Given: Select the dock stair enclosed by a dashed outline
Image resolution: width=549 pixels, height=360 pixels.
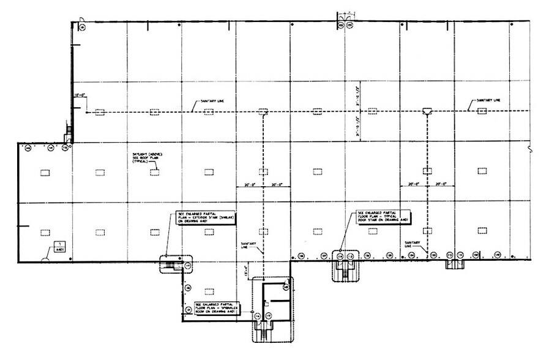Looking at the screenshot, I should [344, 268].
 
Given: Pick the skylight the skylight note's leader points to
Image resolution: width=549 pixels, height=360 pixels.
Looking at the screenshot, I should [154, 172].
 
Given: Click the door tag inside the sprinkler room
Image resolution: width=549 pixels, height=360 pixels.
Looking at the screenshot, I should [285, 287].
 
